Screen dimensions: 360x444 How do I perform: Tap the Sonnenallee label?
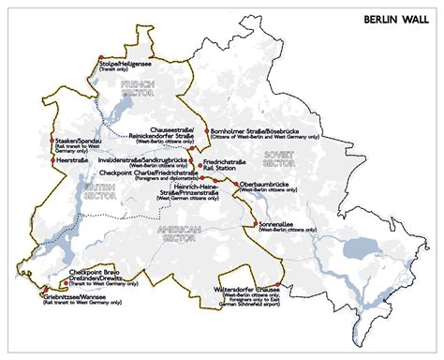(x=278, y=226)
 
